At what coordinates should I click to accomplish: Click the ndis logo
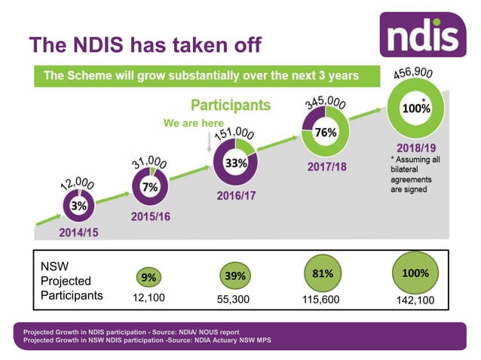point(422,34)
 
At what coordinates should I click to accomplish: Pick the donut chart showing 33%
point(234,161)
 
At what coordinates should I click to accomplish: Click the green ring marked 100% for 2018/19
point(415,108)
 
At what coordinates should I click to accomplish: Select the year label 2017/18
point(326,166)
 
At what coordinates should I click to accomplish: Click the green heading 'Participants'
point(230,105)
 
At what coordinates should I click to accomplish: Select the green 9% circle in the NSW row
point(149,277)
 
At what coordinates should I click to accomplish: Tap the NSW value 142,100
point(415,299)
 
